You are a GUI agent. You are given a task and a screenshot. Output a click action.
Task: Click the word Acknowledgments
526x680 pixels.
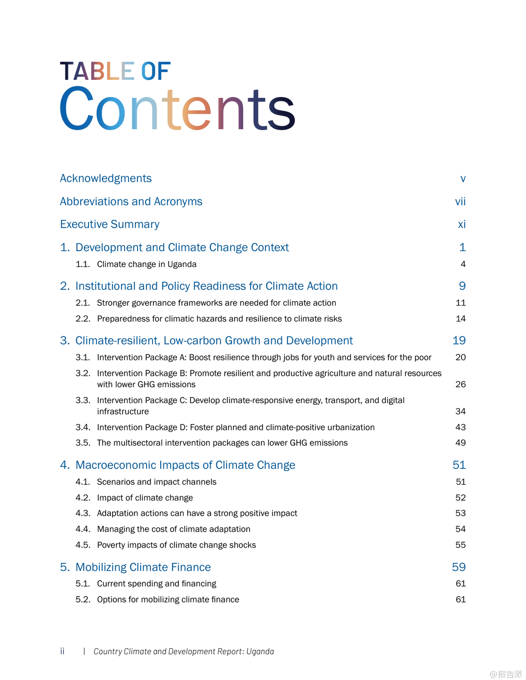click(x=105, y=179)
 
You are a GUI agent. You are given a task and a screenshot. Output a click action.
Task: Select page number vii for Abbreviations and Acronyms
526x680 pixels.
click(x=460, y=202)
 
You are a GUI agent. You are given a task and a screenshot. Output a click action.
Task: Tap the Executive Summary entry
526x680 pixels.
click(x=109, y=224)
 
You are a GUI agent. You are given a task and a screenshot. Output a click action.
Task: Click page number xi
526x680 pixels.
click(x=462, y=224)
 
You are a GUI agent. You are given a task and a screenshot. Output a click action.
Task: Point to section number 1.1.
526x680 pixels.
click(x=83, y=264)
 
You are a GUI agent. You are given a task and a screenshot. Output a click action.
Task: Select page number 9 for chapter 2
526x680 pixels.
click(x=462, y=286)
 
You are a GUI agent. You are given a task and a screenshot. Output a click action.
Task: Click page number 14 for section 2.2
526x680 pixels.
click(x=460, y=319)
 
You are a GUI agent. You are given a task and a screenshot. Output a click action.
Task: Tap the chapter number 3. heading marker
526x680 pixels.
click(x=65, y=340)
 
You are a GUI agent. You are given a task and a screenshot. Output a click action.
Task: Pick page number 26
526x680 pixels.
click(x=460, y=384)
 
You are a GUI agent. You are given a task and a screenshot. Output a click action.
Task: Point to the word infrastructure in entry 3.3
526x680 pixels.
click(x=123, y=412)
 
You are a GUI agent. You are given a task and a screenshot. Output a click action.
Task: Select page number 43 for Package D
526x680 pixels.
click(x=460, y=427)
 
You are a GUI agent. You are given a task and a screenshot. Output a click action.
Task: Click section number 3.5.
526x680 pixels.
click(x=83, y=443)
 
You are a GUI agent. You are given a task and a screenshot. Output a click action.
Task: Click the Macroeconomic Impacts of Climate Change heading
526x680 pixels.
click(x=185, y=465)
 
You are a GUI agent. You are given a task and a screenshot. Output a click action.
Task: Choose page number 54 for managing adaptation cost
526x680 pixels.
click(x=460, y=529)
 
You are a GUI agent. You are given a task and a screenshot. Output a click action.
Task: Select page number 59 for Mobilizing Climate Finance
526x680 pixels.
click(x=459, y=567)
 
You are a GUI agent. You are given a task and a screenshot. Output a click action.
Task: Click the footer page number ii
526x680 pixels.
click(x=62, y=651)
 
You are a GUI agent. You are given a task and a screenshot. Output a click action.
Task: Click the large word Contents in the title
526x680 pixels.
click(x=177, y=109)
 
